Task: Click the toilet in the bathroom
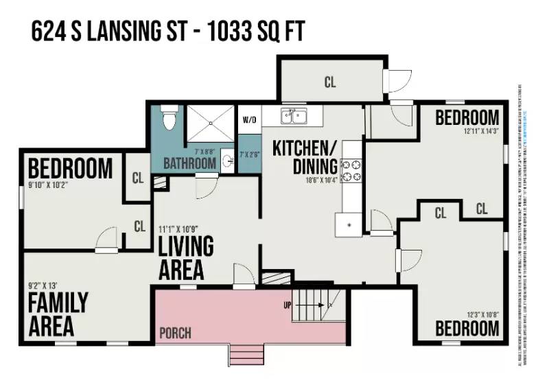(x=169, y=118)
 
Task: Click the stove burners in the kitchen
(x=352, y=170)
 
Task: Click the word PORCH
(x=175, y=334)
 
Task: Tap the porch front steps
(x=246, y=355)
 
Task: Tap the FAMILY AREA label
(x=58, y=314)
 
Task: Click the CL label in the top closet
(x=331, y=82)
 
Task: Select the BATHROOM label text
(x=189, y=165)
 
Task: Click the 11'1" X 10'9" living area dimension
(x=180, y=229)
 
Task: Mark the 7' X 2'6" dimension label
(x=250, y=154)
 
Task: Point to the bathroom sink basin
(x=227, y=163)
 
